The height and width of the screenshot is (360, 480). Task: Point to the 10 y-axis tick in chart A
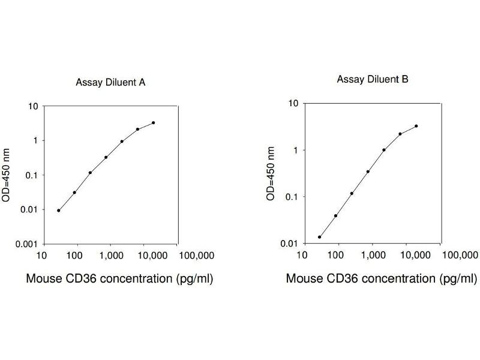[34, 107]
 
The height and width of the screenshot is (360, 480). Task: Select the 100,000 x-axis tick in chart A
[197, 257]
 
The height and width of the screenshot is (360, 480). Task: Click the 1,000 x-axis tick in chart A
[112, 257]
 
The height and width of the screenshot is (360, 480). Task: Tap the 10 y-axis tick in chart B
[294, 103]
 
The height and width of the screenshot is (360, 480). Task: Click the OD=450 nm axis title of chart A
[8, 175]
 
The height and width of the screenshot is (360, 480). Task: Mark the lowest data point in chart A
[58, 211]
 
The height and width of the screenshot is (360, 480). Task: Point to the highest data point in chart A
[154, 123]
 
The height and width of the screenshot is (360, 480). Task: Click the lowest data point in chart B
[320, 237]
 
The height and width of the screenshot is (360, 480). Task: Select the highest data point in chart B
[416, 126]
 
